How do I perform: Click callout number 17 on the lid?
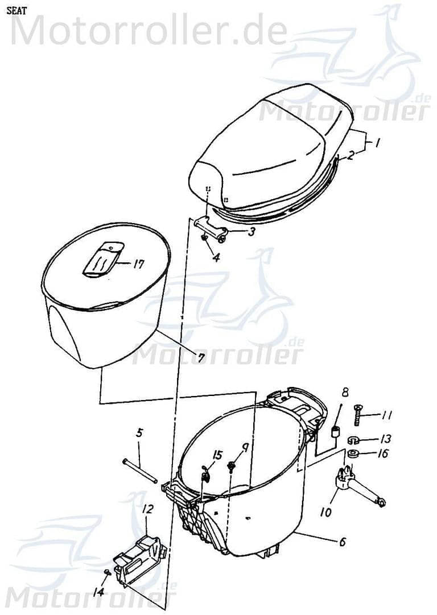click(x=138, y=265)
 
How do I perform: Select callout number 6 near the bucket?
click(x=342, y=542)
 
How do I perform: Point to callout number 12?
click(x=147, y=509)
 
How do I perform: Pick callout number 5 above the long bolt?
click(x=139, y=435)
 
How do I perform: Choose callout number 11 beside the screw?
click(x=387, y=416)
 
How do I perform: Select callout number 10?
click(x=325, y=512)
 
